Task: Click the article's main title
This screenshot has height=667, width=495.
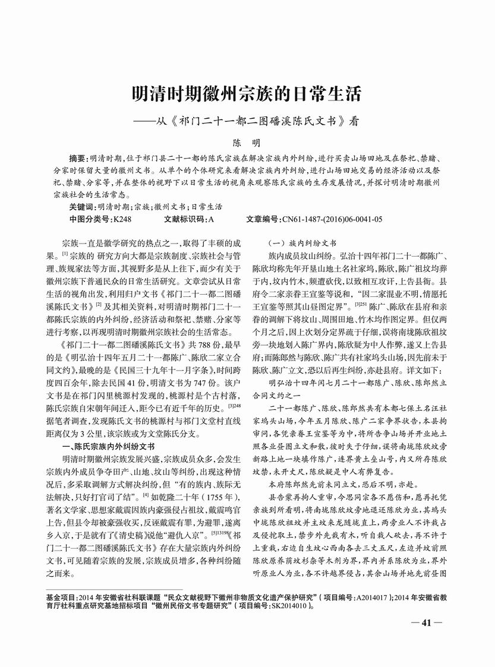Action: click(247, 94)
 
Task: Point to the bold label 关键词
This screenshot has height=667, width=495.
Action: click(82, 207)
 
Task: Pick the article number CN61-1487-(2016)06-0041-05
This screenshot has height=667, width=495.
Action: click(332, 219)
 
